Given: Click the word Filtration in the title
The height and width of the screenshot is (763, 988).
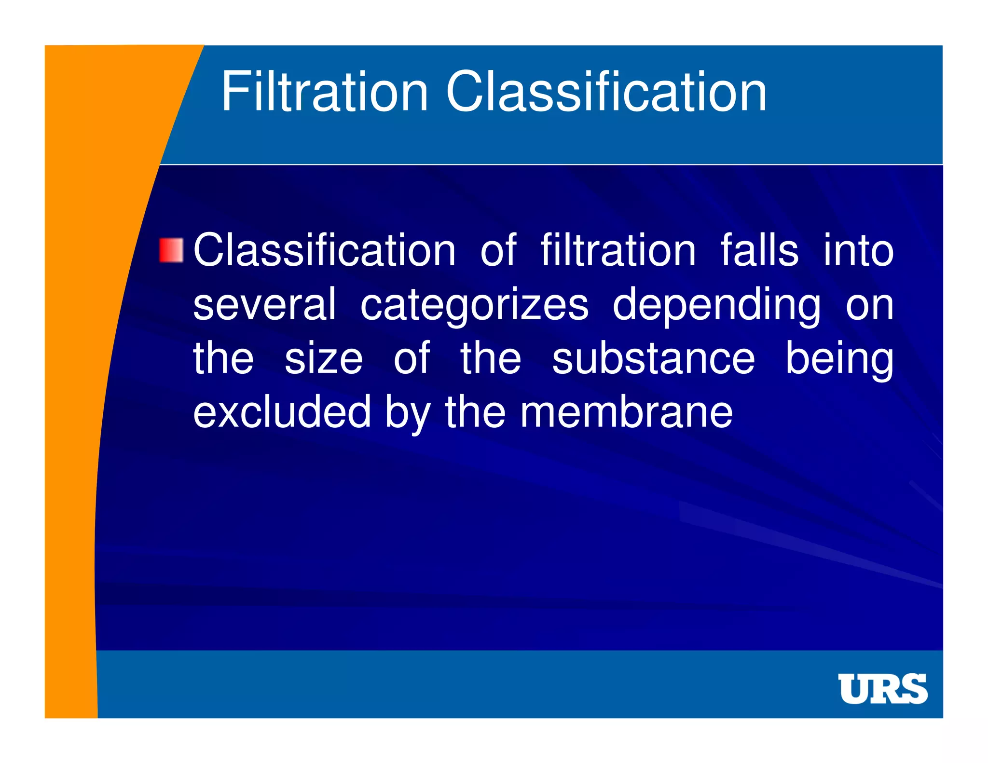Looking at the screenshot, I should click(x=324, y=92).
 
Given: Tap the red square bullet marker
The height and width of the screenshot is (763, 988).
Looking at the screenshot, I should click(x=171, y=250).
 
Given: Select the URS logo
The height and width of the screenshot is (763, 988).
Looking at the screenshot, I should click(x=882, y=689).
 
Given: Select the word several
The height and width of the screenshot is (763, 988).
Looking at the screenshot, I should click(x=264, y=305).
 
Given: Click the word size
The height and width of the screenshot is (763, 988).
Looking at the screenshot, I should click(x=323, y=359).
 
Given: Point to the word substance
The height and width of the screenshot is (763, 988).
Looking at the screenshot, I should click(x=653, y=359).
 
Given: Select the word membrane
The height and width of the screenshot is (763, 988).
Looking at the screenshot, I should click(x=626, y=412).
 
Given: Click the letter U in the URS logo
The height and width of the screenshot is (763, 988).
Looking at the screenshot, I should click(x=854, y=689).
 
